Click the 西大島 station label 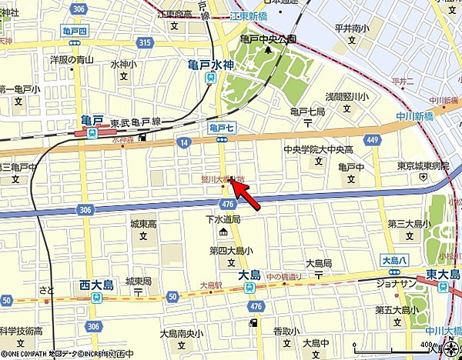tap(96, 285)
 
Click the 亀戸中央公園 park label tap(268, 38)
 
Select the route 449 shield tap(373, 139)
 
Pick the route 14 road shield tap(182, 142)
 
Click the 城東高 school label tap(143, 224)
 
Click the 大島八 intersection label tap(393, 260)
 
